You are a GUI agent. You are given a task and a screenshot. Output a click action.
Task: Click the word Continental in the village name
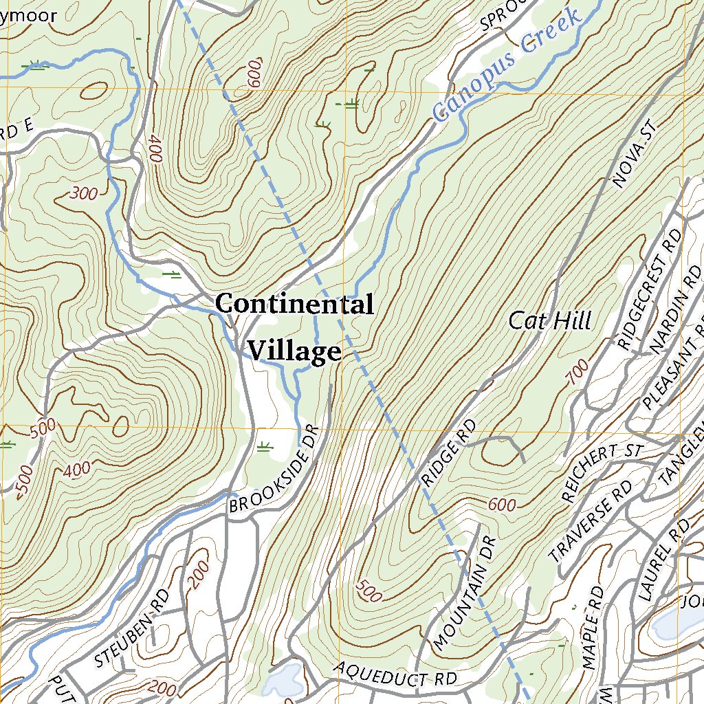pyautogui.click(x=294, y=304)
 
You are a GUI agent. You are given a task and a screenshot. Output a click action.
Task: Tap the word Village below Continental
pyautogui.click(x=294, y=351)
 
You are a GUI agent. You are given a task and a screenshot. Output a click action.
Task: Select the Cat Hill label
pyautogui.click(x=550, y=320)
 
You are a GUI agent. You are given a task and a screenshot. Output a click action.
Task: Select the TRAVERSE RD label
pyautogui.click(x=591, y=520)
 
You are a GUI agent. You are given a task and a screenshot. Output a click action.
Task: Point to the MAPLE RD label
pyautogui.click(x=592, y=628)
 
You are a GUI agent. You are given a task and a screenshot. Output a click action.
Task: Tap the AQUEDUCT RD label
pyautogui.click(x=396, y=674)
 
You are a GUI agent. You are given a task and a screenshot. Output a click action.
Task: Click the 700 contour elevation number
pyautogui.click(x=578, y=371)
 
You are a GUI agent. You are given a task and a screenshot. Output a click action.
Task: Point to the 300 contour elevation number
pyautogui.click(x=84, y=194)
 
